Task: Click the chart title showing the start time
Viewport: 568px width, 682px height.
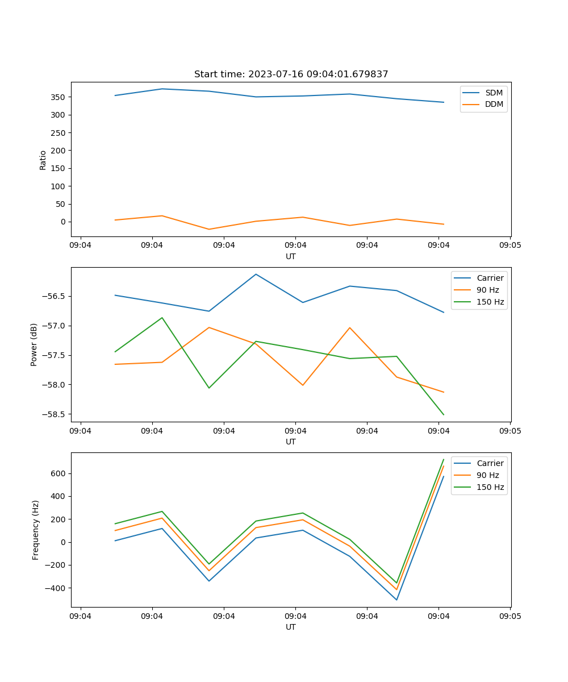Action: coord(291,74)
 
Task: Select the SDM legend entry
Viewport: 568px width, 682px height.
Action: coord(494,93)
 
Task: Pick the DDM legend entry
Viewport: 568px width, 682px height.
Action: coord(494,105)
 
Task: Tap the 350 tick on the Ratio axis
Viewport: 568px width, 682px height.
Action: coord(59,97)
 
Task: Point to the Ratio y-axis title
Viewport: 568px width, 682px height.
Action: coord(43,160)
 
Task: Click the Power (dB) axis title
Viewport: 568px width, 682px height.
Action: coord(34,344)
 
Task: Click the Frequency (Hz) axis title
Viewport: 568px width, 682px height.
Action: coord(35,530)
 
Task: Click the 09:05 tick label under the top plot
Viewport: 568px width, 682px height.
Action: coord(510,246)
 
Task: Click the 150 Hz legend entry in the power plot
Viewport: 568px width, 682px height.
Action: coord(490,302)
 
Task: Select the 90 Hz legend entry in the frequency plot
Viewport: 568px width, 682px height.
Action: coord(487,475)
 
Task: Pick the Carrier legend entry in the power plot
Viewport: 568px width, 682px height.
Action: coord(490,278)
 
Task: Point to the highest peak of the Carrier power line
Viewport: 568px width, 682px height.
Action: coord(256,274)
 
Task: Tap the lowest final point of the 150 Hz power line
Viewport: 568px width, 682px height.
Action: coord(444,415)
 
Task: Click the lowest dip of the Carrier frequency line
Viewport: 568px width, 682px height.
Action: coord(396,600)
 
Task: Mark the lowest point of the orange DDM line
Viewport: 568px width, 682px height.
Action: coord(209,230)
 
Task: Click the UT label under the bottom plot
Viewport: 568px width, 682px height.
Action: coord(291,627)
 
